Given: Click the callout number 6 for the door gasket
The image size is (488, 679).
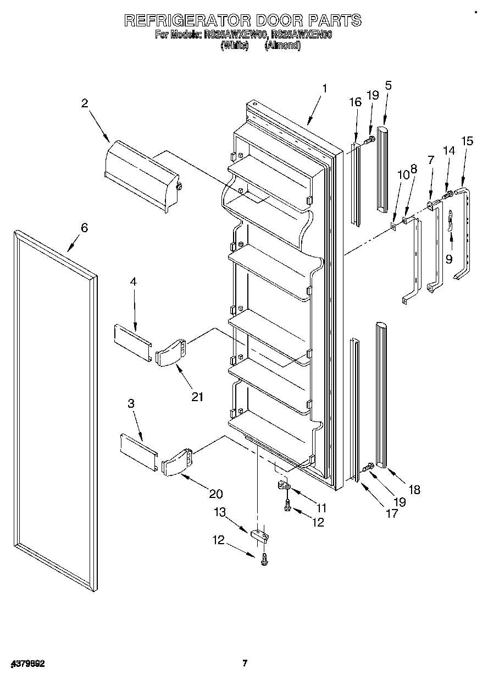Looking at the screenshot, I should point(84,228).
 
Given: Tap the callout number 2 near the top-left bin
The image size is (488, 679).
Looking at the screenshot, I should point(85,103).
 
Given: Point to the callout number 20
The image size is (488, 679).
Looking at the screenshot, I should point(216,494).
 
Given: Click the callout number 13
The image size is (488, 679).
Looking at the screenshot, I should point(220,512).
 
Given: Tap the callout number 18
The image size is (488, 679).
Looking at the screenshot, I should point(414,489).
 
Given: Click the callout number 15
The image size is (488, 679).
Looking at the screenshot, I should point(467,141).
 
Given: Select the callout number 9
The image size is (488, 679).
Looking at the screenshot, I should point(449,259).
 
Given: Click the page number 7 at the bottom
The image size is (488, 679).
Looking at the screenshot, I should point(245,663).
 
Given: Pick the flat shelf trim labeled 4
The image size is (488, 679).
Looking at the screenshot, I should point(132,342).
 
